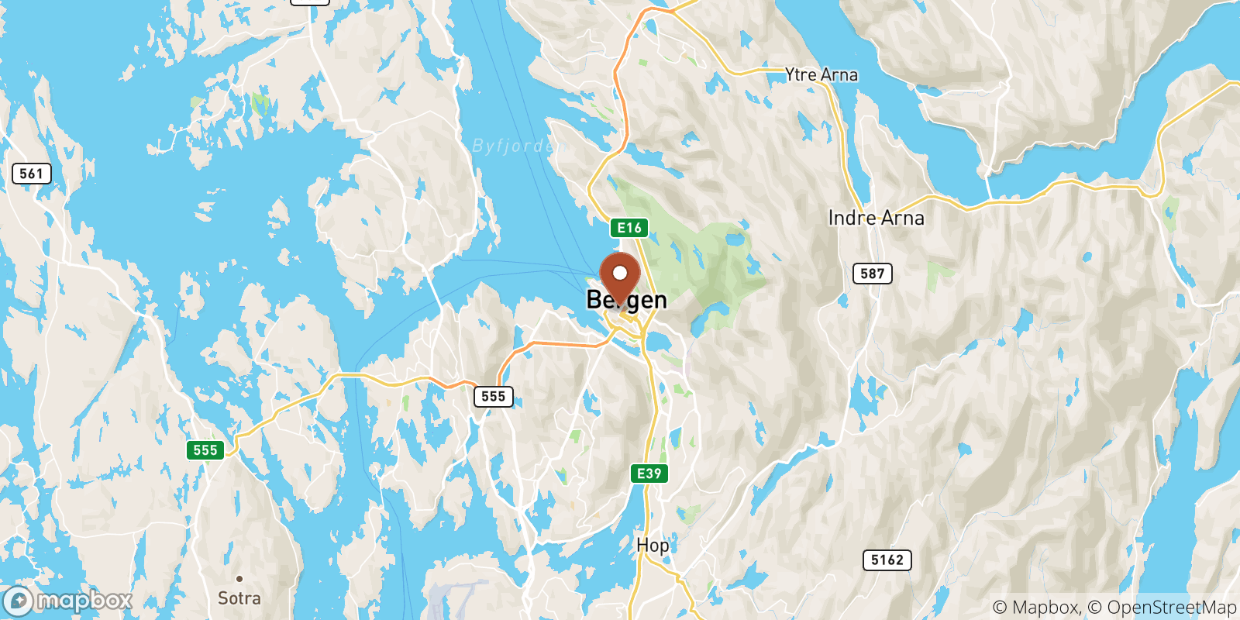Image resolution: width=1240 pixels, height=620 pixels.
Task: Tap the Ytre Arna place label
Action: (x=821, y=75)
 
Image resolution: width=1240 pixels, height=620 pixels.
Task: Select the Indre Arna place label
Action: (x=876, y=219)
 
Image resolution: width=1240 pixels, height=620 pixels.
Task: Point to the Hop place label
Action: (x=653, y=546)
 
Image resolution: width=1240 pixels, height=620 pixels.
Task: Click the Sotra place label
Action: (x=239, y=598)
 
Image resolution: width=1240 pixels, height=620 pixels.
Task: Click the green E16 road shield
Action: (x=629, y=228)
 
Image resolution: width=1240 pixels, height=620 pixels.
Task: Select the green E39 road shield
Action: (x=649, y=474)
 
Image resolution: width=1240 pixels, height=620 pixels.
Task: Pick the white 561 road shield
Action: (x=32, y=174)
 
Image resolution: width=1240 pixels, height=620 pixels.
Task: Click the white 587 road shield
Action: (x=873, y=274)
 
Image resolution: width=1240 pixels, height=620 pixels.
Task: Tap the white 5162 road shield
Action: (x=887, y=560)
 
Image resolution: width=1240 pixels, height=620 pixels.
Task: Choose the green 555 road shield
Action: (x=205, y=450)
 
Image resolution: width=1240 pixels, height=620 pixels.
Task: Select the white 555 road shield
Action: (x=494, y=397)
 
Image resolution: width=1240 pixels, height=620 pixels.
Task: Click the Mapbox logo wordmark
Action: (x=84, y=601)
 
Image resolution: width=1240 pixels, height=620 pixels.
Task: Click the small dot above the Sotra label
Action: (x=239, y=579)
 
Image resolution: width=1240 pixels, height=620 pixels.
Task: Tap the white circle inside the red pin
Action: (x=620, y=273)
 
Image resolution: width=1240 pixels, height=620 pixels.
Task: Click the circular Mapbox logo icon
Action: (x=18, y=601)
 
